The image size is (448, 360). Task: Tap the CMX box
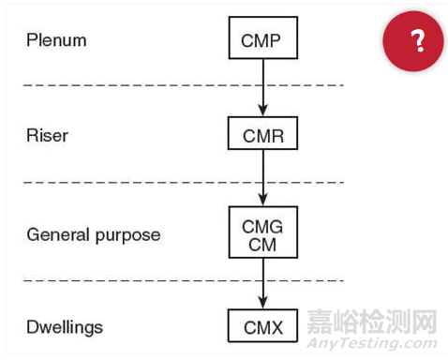point(262,327)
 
